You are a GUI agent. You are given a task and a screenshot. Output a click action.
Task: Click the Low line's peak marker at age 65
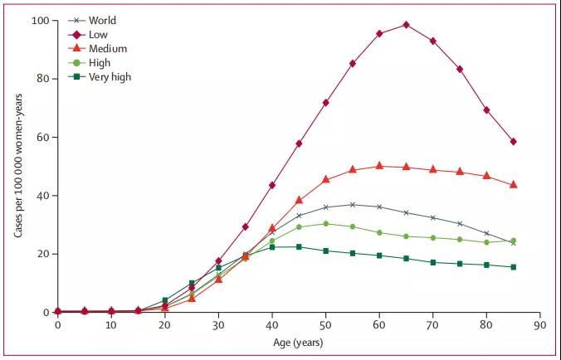(x=406, y=25)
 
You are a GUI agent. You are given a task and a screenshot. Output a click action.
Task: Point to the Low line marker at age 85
(x=514, y=142)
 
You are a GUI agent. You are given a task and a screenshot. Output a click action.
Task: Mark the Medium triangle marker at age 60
(x=379, y=166)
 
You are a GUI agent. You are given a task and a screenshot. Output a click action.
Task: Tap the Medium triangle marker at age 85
(x=514, y=184)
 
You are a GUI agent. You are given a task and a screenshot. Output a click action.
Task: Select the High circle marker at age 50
(x=325, y=224)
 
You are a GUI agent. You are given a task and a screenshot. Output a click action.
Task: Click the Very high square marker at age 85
(x=514, y=267)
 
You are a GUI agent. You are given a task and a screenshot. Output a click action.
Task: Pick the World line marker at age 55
(x=353, y=204)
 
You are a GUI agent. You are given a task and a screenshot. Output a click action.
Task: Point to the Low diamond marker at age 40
(x=272, y=185)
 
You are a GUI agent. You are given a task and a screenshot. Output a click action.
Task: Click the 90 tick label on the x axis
(x=540, y=326)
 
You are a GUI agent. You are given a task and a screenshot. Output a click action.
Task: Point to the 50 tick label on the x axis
(x=325, y=326)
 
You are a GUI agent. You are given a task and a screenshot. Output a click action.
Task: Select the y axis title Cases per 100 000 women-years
(x=17, y=166)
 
